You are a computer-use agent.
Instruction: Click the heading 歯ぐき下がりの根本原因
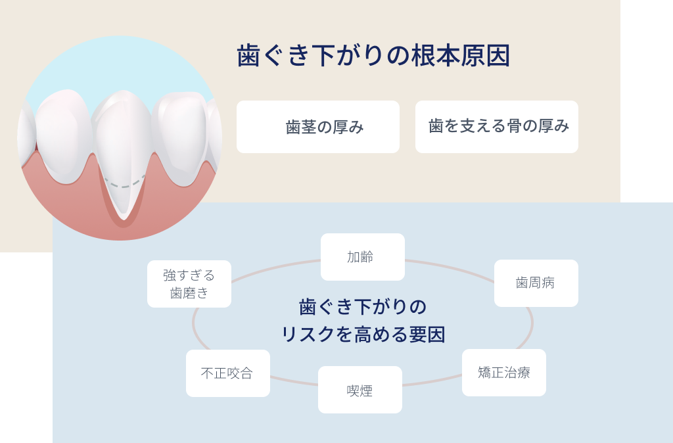pos(373,57)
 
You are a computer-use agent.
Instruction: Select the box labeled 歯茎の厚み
pos(318,127)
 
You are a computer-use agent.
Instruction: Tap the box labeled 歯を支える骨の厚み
pos(497,127)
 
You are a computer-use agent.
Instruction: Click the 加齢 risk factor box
pos(363,257)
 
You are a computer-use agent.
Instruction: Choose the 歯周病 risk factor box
pos(536,283)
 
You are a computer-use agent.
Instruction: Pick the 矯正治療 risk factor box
pos(504,373)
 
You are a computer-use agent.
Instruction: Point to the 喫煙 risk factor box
pos(360,390)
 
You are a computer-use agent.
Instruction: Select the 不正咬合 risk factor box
pos(228,373)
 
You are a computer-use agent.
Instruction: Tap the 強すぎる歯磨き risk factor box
pos(189,284)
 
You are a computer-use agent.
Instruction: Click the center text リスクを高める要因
pos(363,335)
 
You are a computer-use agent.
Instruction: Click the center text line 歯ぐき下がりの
pos(363,307)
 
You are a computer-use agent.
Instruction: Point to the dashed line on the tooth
pos(124,183)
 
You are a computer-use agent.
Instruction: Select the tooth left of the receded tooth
pos(62,135)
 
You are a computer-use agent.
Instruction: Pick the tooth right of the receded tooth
pos(181,135)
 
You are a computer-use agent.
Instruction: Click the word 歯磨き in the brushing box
pos(189,293)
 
